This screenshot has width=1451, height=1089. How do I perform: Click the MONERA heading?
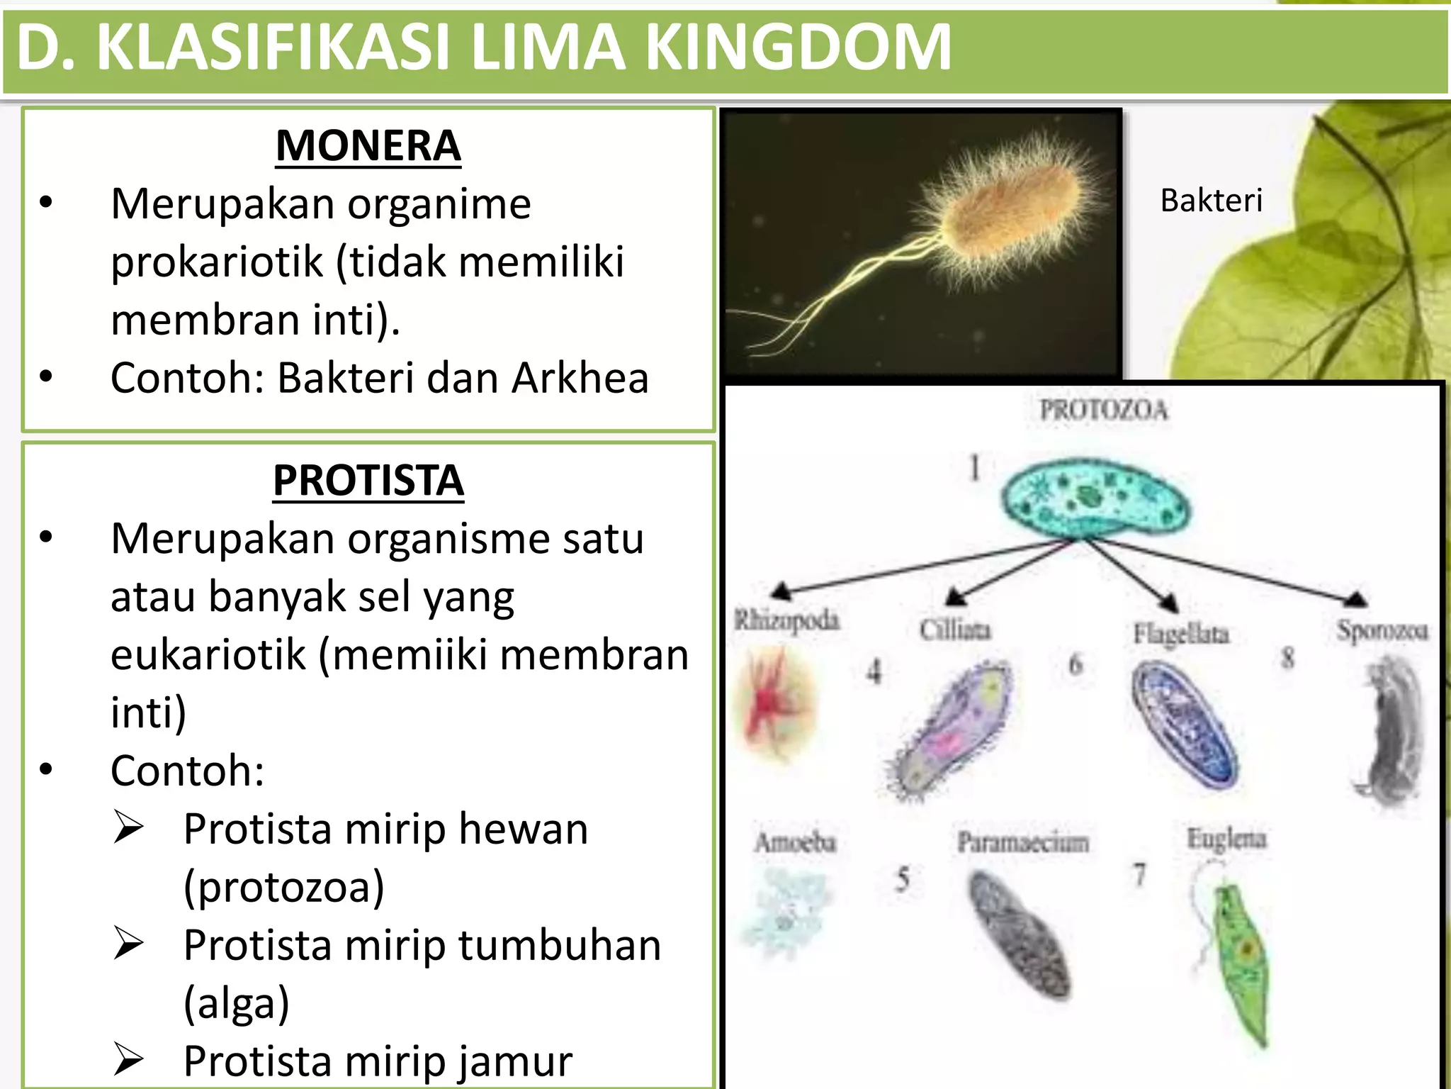point(368,146)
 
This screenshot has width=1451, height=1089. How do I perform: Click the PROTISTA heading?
point(368,481)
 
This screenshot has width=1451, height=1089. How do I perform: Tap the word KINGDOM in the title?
point(798,48)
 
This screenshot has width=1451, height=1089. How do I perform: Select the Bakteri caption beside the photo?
point(1211,201)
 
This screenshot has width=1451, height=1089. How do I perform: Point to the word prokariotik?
point(216,262)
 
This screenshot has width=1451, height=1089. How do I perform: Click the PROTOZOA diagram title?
point(1102,410)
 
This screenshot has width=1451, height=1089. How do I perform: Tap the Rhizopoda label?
point(786,620)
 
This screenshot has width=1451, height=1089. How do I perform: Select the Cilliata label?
point(955,630)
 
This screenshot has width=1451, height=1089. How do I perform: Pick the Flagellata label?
point(1181,633)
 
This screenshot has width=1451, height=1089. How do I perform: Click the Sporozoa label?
point(1382,630)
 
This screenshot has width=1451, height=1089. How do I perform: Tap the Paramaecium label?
point(1022,842)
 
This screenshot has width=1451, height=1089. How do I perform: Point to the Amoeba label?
point(795,842)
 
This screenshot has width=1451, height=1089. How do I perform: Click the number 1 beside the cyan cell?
point(975,468)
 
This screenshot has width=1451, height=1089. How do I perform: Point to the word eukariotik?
point(208,654)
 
